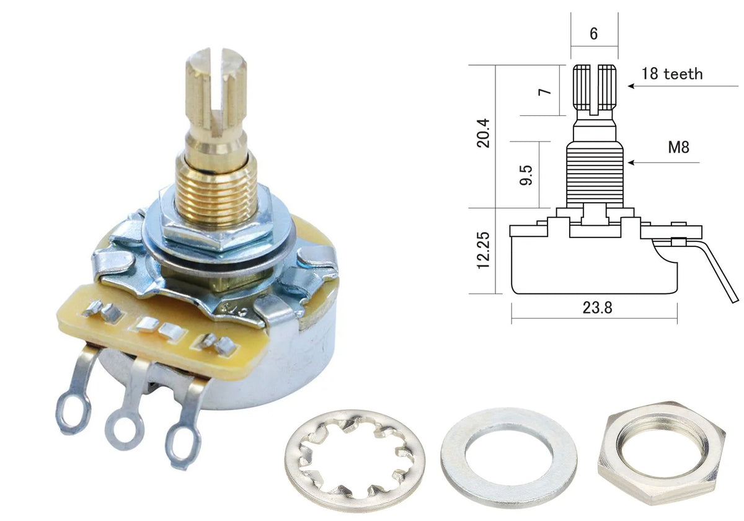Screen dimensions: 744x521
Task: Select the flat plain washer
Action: pyautogui.click(x=452, y=458)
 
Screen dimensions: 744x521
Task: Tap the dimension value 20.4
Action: pyautogui.click(x=483, y=133)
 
